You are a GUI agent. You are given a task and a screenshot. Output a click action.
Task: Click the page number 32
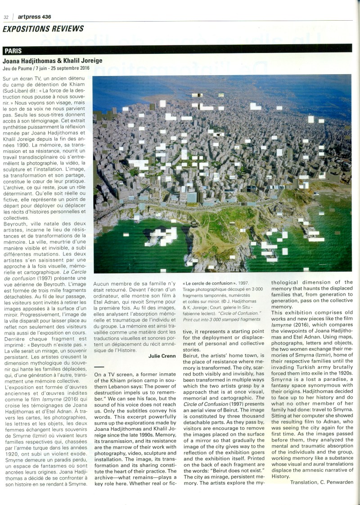(6, 17)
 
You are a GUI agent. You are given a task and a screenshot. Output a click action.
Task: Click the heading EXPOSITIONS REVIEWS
(43, 29)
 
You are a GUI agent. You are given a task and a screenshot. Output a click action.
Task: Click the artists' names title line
(52, 61)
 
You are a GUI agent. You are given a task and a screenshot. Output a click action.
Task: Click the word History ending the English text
(281, 476)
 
